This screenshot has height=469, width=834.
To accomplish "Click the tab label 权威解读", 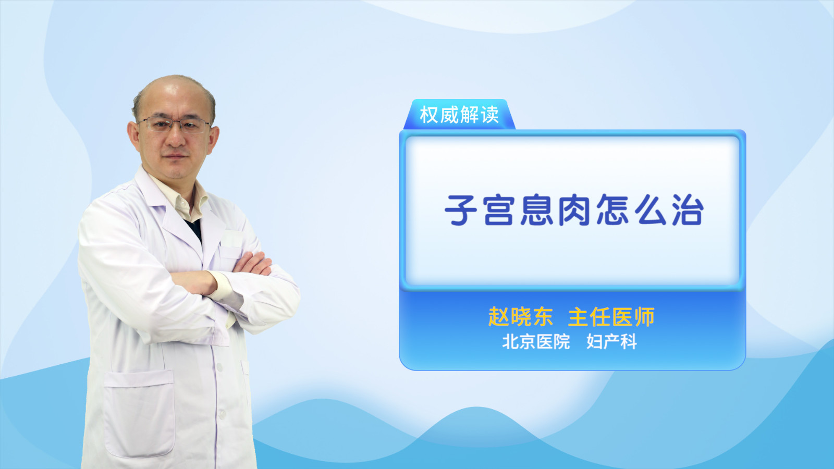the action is pyautogui.click(x=459, y=115).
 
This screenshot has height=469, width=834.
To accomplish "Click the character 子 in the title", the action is pyautogui.click(x=461, y=211).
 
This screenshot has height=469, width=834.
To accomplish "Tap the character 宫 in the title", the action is pyautogui.click(x=499, y=211).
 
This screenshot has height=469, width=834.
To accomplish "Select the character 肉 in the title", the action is pyautogui.click(x=574, y=211).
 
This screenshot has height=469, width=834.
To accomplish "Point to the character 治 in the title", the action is pyautogui.click(x=688, y=211).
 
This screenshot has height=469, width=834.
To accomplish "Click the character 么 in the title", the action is pyautogui.click(x=650, y=211).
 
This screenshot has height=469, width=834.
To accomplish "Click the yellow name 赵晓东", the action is pyautogui.click(x=521, y=317).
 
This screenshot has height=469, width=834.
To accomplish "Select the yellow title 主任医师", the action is pyautogui.click(x=611, y=317).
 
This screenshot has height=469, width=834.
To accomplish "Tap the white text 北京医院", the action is pyautogui.click(x=536, y=342).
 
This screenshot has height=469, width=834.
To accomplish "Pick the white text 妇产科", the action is pyautogui.click(x=611, y=342).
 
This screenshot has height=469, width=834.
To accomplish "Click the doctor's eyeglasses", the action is pyautogui.click(x=174, y=125).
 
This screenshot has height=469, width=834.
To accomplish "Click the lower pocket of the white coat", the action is pyautogui.click(x=139, y=413).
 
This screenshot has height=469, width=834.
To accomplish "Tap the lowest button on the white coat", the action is pyautogui.click(x=222, y=414).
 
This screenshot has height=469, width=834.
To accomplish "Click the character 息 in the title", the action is pyautogui.click(x=536, y=211).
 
